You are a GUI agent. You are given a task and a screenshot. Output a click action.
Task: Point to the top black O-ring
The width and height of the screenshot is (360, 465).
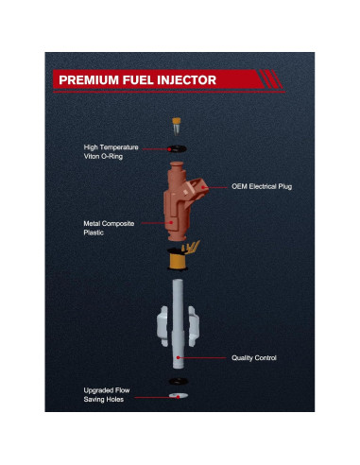(176, 146)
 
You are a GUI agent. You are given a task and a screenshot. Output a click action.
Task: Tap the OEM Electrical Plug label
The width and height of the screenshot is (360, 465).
(262, 186)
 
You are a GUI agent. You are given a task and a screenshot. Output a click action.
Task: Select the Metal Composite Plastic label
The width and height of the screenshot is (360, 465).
(109, 227)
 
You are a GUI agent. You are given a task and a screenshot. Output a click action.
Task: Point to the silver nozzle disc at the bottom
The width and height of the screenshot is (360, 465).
(177, 398)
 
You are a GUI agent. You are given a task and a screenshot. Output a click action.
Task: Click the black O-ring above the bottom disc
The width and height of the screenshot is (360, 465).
(177, 382)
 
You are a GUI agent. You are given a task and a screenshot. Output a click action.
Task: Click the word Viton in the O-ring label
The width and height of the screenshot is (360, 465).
(94, 156)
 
